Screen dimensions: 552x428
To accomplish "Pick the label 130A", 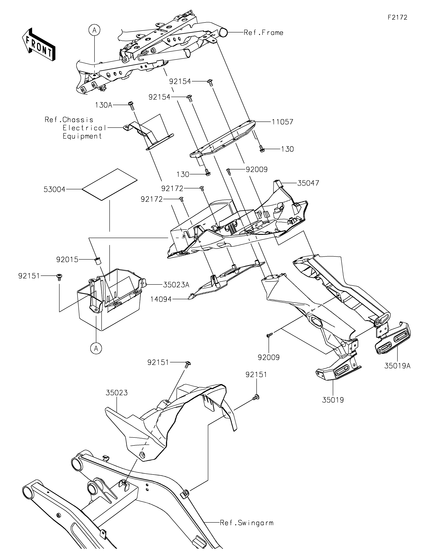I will (x=104, y=105).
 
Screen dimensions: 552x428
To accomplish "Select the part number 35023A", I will (x=176, y=285).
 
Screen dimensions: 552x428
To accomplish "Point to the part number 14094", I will (x=161, y=299).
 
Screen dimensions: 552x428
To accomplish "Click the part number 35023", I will (x=117, y=393).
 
